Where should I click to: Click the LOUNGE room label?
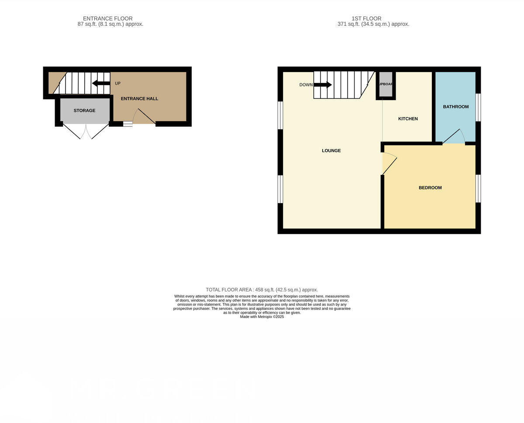[331, 151]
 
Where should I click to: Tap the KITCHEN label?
[408, 119]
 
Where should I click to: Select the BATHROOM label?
[455, 107]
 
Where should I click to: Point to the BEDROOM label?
[430, 188]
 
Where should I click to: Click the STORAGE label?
[84, 111]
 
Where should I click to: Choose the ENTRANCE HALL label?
[139, 99]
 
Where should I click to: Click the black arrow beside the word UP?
[101, 83]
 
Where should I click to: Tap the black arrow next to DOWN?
[323, 85]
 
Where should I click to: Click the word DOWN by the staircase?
[306, 85]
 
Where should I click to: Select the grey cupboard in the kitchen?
[386, 84]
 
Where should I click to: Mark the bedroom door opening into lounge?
[389, 163]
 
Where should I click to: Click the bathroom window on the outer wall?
[478, 107]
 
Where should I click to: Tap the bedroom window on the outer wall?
[478, 188]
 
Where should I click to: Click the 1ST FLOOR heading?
[366, 18]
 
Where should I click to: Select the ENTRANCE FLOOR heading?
[108, 18]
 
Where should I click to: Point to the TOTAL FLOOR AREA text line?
[262, 290]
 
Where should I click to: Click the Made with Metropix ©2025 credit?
[262, 317]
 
